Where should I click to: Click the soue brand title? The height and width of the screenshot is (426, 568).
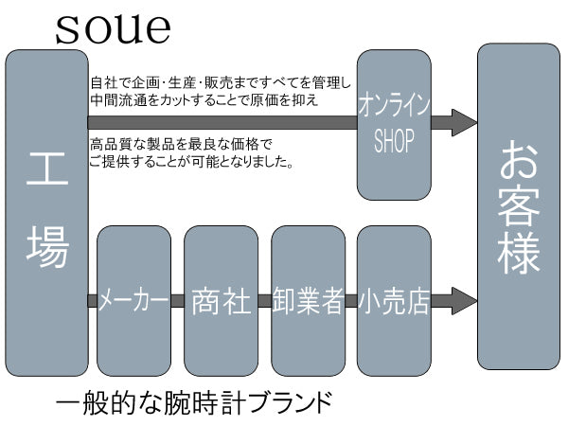point(113,27)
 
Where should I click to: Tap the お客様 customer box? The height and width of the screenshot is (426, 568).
point(519,206)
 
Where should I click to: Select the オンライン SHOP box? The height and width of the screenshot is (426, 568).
point(394,124)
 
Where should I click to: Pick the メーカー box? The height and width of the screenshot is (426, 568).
point(133,301)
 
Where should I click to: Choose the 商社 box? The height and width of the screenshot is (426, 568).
point(221,301)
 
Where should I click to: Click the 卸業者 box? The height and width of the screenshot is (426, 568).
point(308,301)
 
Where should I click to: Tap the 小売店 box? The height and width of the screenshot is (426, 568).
point(394,301)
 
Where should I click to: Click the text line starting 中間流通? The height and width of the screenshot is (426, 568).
point(204,99)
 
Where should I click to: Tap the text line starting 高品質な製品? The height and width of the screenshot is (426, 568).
point(181,145)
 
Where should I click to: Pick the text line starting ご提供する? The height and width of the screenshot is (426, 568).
point(190,162)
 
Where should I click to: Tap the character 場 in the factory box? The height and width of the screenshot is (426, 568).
point(46,251)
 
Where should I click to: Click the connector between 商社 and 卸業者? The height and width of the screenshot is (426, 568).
point(264,301)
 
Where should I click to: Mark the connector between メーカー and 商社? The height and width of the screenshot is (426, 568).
point(177,301)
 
